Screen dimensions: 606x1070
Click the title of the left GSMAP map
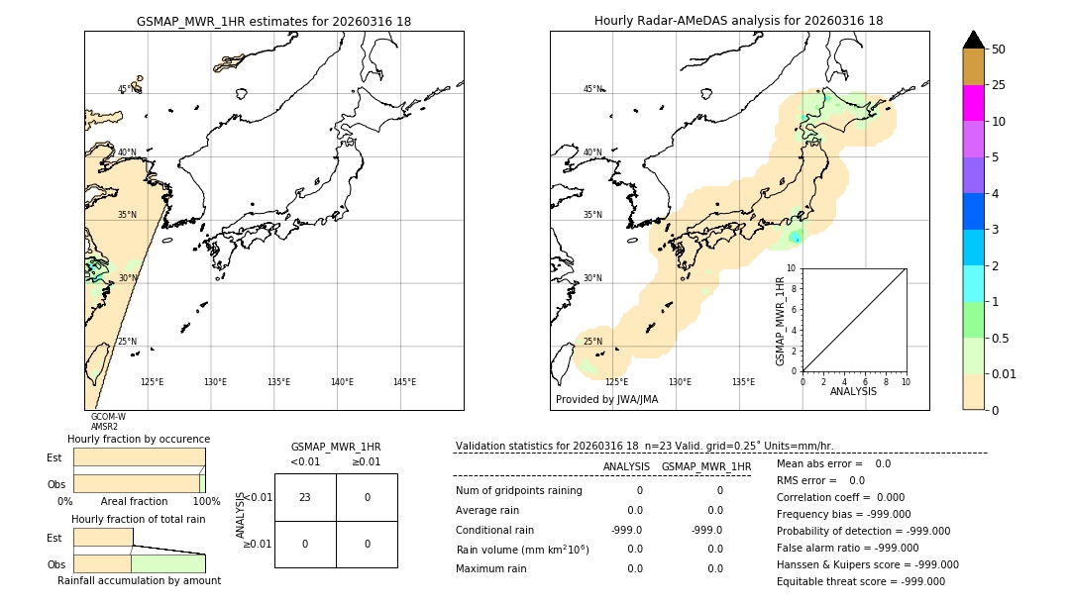273,21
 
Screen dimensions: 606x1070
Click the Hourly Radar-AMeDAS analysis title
738,21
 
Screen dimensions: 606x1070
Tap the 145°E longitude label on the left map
404,382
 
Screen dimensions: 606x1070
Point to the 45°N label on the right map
592,89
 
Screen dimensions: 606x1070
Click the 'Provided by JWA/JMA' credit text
606,399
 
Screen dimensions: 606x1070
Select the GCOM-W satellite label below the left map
108,417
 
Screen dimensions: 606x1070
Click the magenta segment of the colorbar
973,103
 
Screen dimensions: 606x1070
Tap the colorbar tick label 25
999,85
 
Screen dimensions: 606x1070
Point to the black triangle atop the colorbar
973,40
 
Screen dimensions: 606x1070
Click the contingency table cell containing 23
305,497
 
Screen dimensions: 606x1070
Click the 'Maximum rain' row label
491,568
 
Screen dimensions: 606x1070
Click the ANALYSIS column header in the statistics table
626,466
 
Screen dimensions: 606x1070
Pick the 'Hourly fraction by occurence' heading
139,439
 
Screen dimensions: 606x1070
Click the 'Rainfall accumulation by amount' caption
139,580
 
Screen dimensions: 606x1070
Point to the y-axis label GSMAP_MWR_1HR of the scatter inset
781,321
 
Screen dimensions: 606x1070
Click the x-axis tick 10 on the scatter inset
906,381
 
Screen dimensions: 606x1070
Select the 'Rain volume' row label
522,549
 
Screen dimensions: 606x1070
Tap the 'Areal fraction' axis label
134,502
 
